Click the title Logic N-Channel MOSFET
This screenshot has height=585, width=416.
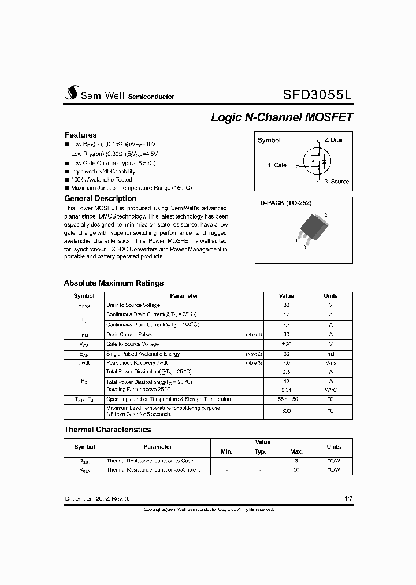(x=281, y=117)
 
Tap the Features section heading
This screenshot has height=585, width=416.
(x=80, y=135)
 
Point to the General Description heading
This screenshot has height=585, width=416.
(x=100, y=198)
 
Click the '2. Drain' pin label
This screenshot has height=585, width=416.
(x=334, y=140)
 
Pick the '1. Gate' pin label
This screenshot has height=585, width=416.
(x=277, y=165)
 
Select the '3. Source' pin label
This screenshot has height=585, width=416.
(x=336, y=182)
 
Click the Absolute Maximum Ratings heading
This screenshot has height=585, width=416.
(x=113, y=283)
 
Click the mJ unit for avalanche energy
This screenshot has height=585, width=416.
(x=331, y=354)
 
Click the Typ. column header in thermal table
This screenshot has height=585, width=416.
(x=261, y=451)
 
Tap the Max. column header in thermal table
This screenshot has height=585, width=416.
(x=296, y=451)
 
